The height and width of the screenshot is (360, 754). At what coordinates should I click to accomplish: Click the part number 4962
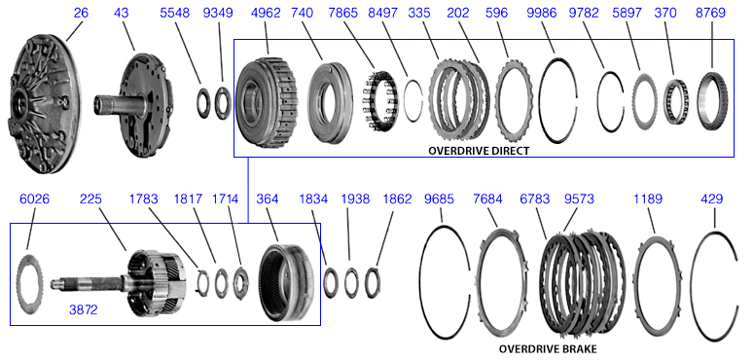266,13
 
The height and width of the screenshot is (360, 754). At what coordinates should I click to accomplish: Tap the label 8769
711,13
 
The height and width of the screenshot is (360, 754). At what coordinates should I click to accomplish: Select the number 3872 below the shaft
84,310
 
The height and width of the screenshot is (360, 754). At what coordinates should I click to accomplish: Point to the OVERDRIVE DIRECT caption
479,151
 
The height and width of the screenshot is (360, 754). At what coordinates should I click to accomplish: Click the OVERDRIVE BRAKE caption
548,349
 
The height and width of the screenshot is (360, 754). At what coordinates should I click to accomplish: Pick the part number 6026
35,199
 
